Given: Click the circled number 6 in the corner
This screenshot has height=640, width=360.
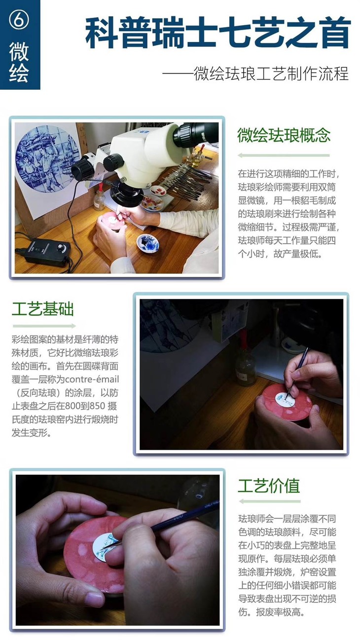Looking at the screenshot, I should tap(19, 20).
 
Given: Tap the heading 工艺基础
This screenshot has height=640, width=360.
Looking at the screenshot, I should tap(43, 309).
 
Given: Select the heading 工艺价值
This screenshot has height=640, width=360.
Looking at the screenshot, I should tap(269, 486).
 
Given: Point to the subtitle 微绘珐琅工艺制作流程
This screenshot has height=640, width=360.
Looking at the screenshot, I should tap(271, 74).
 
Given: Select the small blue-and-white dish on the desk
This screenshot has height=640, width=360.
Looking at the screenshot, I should tap(147, 243).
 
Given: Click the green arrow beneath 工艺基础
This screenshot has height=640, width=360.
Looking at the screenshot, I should tap(44, 326).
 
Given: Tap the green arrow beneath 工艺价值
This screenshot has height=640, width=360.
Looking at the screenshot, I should tap(269, 502).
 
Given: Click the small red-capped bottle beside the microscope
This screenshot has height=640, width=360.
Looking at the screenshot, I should tap(100, 196).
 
